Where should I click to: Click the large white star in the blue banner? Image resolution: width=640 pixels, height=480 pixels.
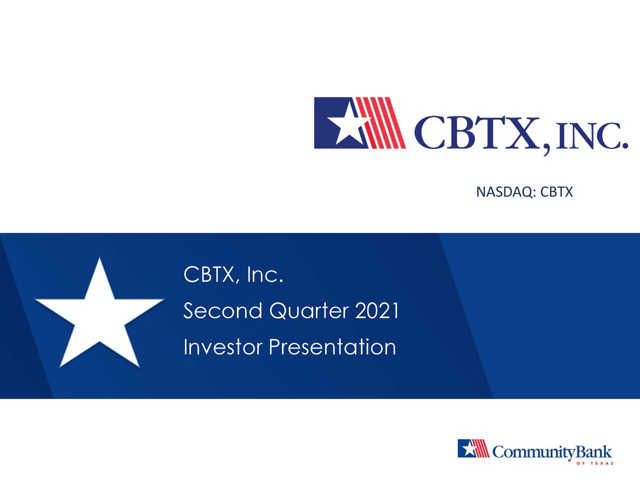(x=99, y=315)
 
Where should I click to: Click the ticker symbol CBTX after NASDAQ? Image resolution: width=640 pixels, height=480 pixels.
(x=556, y=192)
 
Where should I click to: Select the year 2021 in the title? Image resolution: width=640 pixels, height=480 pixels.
(x=377, y=311)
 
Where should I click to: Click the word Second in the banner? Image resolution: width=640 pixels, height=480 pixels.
(x=222, y=311)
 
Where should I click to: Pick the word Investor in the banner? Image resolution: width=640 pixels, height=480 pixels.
(x=222, y=347)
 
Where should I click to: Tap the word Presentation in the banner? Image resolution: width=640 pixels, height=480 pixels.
(x=332, y=347)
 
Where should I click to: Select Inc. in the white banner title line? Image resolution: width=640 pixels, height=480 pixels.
(x=265, y=274)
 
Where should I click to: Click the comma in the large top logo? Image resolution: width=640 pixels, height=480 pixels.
(x=547, y=148)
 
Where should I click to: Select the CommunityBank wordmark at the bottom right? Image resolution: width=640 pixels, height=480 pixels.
(x=551, y=452)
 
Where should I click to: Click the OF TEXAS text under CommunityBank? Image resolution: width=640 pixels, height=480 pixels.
(x=594, y=463)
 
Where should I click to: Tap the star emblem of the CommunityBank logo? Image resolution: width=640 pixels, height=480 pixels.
(x=468, y=448)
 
